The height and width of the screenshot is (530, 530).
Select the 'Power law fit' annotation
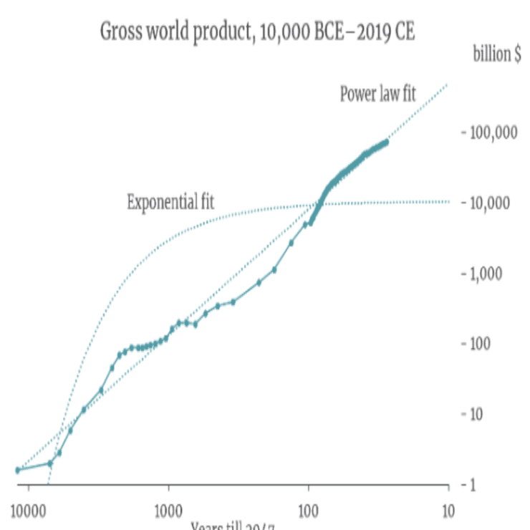coord(377,93)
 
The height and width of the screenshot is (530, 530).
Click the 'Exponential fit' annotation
coord(170,203)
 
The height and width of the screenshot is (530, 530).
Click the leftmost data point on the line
coord(18,470)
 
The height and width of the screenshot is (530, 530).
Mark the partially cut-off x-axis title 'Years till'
coord(233,526)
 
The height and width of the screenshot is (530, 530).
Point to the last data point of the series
coord(386,142)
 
